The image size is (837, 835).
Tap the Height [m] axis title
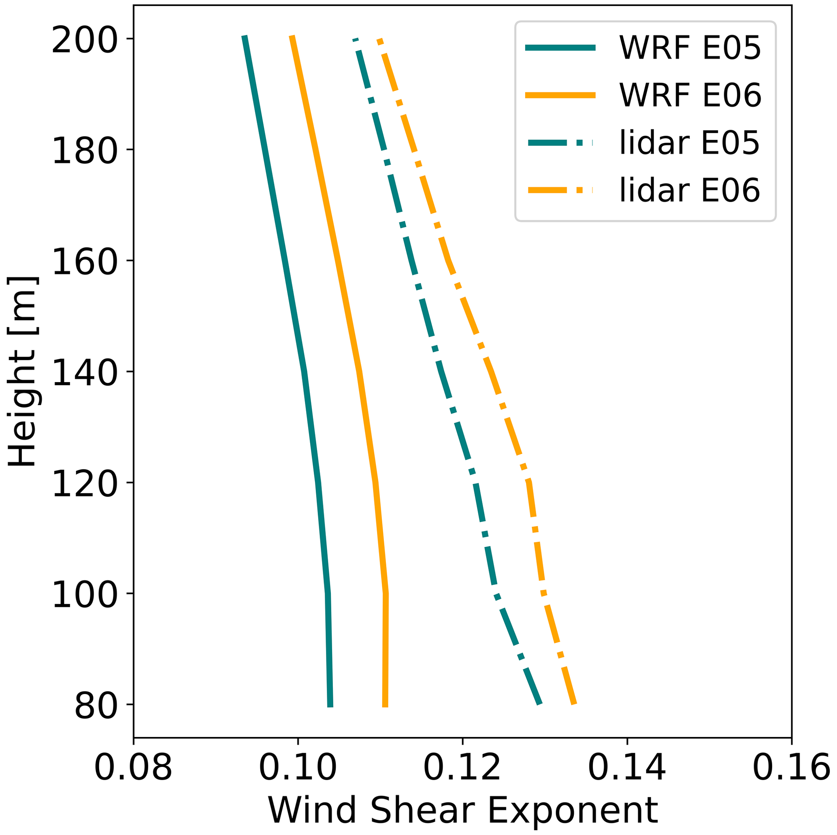(23, 372)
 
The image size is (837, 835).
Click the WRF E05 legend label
(690, 48)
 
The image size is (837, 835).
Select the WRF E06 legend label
(690, 95)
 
